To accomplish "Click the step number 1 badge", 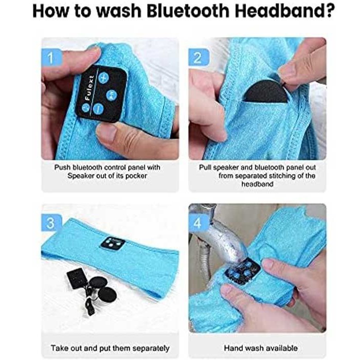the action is tap(51, 58).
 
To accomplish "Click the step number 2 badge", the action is tap(199, 58).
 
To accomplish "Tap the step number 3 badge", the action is tap(51, 223).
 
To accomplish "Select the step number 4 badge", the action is tap(199, 223).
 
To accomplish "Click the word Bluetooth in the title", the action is tap(188, 11).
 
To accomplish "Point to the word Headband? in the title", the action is tap(284, 11).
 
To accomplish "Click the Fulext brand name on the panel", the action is tap(89, 88).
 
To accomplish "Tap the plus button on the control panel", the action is tap(103, 77).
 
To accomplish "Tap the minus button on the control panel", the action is tap(99, 109).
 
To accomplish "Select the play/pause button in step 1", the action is tap(112, 95).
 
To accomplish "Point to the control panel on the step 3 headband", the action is tap(113, 243).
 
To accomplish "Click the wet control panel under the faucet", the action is tap(242, 269).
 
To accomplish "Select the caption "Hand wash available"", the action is tap(261, 348).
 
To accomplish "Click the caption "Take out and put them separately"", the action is tap(110, 348).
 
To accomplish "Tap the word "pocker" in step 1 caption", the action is tap(136, 176).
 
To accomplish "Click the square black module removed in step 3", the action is tap(76, 279).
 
